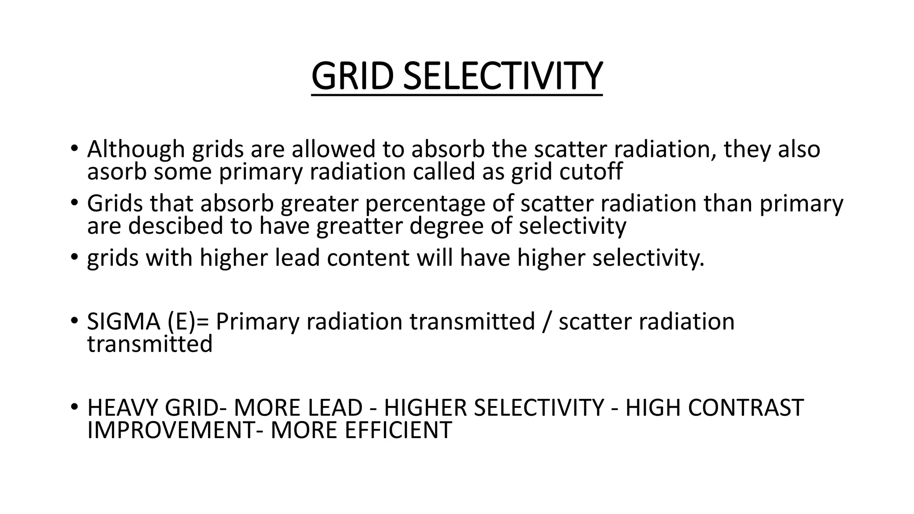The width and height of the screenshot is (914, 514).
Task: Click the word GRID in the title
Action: click(353, 76)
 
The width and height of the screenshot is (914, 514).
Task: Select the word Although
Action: click(136, 149)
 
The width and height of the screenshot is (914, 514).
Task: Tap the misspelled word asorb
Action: click(116, 172)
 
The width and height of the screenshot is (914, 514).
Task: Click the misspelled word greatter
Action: click(359, 226)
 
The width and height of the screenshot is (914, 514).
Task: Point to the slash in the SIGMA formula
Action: click(546, 322)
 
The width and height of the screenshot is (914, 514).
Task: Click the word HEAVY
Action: click(122, 408)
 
